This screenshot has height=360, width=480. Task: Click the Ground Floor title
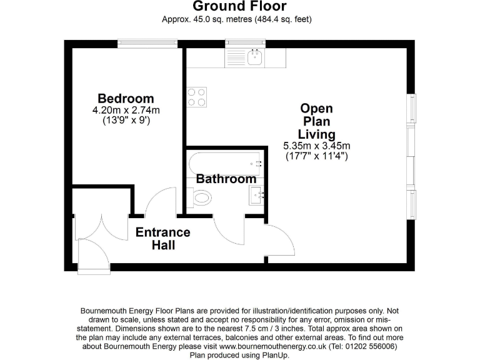[239, 7]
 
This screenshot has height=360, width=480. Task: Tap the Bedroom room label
[126, 99]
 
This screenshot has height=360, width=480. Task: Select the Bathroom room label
[226, 179]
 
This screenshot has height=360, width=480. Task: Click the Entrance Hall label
[163, 238]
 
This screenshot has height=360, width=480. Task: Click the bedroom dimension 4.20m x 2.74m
[126, 111]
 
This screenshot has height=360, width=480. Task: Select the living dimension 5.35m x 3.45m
[316, 146]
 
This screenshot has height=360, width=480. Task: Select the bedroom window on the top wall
[148, 43]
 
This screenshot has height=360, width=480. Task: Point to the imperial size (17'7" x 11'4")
[316, 155]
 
